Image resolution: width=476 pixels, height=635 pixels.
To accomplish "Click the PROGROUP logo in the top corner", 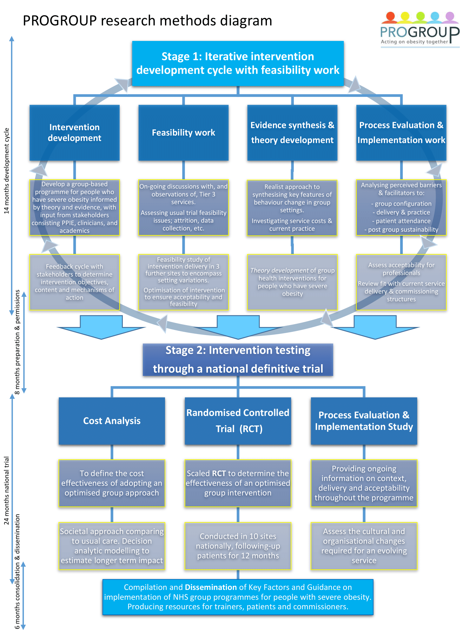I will point(420,30).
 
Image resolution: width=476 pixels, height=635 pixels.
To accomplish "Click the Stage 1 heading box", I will point(238,63).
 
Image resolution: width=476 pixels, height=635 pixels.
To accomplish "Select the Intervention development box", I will point(75,133).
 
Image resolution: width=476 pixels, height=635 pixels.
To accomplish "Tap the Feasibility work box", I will point(183,133).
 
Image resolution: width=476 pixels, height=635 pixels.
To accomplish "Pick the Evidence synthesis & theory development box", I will point(292,133).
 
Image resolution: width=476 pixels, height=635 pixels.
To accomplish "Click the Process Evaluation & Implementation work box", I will point(401,133).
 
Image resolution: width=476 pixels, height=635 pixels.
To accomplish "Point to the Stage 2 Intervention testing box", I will point(238,360).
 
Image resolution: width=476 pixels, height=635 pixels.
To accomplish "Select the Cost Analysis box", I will point(112,421).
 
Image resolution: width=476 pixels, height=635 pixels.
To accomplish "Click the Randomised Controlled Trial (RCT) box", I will point(238,421).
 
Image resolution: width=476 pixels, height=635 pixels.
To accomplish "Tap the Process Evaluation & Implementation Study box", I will point(364,421).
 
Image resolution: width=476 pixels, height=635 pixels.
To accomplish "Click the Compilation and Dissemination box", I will point(238,597).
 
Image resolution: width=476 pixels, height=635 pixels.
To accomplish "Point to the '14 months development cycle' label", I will point(7,171).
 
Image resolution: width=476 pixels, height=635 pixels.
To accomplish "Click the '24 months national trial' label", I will point(7,491).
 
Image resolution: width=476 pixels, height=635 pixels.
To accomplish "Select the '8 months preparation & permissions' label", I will point(17,342).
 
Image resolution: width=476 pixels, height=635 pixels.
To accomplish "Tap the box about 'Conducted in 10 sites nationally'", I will point(238,546).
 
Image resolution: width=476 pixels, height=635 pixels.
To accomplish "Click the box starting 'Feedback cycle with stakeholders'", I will point(75,282).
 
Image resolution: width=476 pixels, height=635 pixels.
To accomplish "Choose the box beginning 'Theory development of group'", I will point(292,282).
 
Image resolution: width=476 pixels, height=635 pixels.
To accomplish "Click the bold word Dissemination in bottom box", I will point(211,587).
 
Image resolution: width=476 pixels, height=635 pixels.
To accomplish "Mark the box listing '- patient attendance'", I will point(401,208).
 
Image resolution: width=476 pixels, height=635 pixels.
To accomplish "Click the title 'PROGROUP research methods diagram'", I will point(147,21).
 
